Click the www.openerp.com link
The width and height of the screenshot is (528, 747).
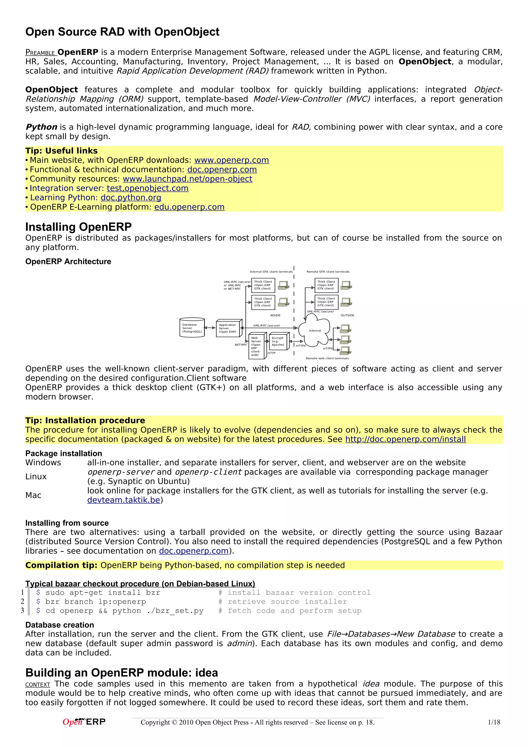[231, 160]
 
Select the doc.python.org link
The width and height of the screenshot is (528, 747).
[131, 197]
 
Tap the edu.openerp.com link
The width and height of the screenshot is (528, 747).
[189, 207]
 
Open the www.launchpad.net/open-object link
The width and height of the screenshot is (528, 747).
[187, 179]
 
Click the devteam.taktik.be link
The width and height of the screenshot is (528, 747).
[124, 500]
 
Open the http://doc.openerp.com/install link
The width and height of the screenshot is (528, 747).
[405, 439]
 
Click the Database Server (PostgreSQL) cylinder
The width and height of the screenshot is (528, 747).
[192, 328]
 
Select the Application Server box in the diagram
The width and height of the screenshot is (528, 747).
[228, 328]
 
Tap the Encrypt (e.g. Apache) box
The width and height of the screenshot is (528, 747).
[278, 341]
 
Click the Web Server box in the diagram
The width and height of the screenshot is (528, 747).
[256, 346]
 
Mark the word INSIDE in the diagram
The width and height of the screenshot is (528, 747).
[275, 315]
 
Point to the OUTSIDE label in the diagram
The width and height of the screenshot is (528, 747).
[347, 315]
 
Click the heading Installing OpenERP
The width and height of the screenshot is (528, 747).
[78, 227]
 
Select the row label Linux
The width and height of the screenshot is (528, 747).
[36, 476]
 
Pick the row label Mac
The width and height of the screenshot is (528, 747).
[33, 495]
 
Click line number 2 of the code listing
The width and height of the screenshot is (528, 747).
[22, 601]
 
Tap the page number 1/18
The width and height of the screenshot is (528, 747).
[494, 722]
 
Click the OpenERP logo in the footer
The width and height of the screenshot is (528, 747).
[84, 722]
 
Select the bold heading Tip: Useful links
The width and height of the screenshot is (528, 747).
[61, 151]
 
